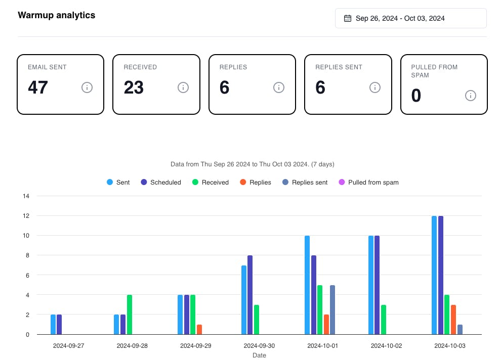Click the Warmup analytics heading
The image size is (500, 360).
[56, 15]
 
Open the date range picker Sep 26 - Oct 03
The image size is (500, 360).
[410, 18]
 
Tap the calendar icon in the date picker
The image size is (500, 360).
[348, 18]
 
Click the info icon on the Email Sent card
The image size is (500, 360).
[87, 87]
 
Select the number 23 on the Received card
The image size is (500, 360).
[134, 87]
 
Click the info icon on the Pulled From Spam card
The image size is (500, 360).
[471, 96]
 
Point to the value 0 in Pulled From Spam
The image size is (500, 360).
[416, 96]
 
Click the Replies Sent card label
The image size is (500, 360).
[339, 67]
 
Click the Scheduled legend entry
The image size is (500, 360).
[161, 182]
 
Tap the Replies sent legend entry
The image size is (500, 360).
[305, 182]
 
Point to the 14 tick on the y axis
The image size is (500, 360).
[26, 196]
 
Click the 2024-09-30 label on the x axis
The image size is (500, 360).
[259, 346]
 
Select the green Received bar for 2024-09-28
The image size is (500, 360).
[130, 314]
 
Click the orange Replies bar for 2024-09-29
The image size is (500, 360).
[199, 329]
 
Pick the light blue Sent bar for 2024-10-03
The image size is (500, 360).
[434, 275]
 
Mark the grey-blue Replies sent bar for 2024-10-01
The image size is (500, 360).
[332, 309]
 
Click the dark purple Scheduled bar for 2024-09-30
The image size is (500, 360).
[250, 295]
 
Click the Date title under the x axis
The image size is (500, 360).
[259, 355]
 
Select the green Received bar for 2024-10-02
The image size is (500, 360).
[384, 320]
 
